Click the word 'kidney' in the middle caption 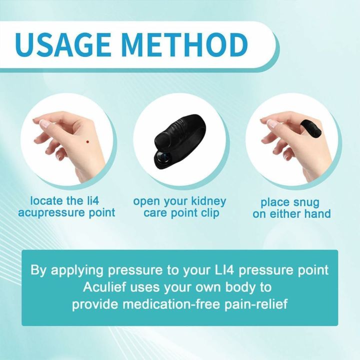[x=205, y=201]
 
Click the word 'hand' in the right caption [x=318, y=214]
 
